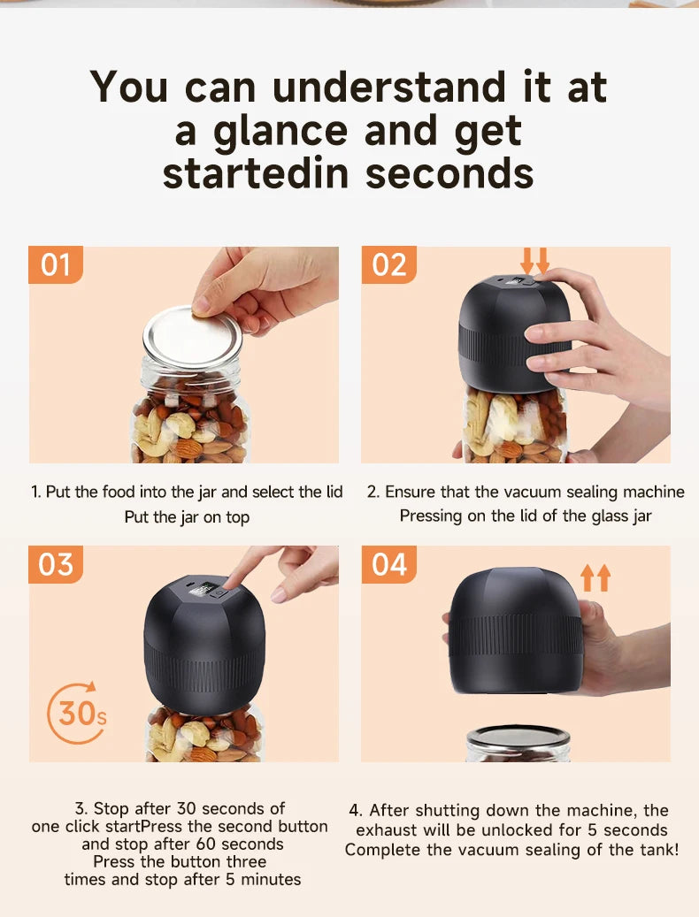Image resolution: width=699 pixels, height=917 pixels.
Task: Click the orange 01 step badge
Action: [55, 265]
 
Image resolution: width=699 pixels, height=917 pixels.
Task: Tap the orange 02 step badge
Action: [388, 265]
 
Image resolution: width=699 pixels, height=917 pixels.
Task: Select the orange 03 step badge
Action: [55, 564]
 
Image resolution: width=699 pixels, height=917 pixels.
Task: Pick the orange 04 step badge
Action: [388, 564]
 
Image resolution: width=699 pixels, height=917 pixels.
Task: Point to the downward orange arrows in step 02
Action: [534, 261]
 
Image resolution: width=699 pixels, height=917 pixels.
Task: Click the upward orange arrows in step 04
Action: [595, 578]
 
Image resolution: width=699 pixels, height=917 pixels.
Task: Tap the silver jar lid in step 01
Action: [192, 336]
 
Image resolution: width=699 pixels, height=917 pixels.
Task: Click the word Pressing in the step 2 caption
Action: [431, 516]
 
